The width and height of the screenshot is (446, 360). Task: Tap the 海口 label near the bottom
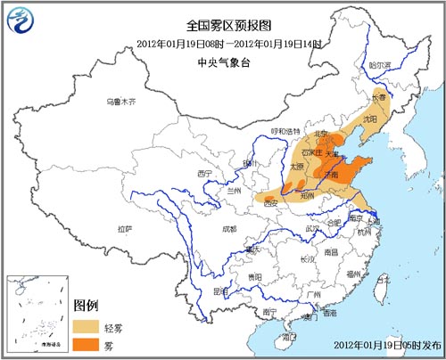click(288, 337)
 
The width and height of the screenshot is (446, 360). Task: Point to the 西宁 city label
click(207, 172)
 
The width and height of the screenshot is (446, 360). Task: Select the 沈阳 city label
click(370, 118)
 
